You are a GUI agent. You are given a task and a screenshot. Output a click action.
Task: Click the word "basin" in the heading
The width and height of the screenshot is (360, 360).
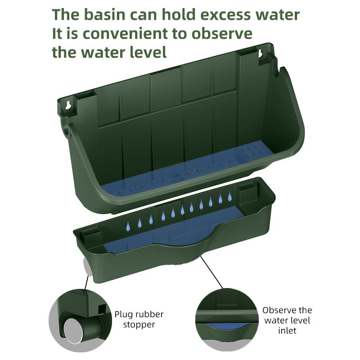pyautogui.click(x=105, y=14)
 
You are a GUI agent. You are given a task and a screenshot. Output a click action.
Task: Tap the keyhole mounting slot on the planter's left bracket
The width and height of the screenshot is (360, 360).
pyautogui.click(x=68, y=105)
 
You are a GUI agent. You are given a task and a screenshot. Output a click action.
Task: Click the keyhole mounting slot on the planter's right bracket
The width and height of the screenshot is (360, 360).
pyautogui.click(x=261, y=54)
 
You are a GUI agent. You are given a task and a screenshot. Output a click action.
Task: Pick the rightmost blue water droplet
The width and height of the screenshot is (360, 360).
pyautogui.click(x=229, y=196)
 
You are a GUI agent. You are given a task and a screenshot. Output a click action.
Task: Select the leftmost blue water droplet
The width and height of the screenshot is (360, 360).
pyautogui.click(x=128, y=226)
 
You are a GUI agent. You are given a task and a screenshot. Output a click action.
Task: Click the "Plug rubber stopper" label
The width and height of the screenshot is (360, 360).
pyautogui.click(x=139, y=319)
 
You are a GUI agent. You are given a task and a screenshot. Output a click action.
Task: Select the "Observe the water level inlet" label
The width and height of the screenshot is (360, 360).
pyautogui.click(x=287, y=320)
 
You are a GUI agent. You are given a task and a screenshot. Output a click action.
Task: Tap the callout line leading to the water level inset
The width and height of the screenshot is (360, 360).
pyautogui.click(x=211, y=272)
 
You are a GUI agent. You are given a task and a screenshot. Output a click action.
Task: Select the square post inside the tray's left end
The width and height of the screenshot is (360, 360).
pyautogui.click(x=91, y=238)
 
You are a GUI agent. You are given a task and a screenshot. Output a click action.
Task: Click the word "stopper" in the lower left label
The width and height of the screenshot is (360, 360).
pyautogui.click(x=139, y=324)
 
